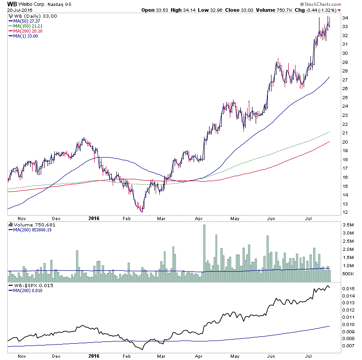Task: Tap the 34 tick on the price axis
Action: [x=344, y=18]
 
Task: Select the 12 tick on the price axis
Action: [x=344, y=212]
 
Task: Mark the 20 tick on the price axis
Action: [x=344, y=142]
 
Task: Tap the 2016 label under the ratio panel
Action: [x=94, y=356]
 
